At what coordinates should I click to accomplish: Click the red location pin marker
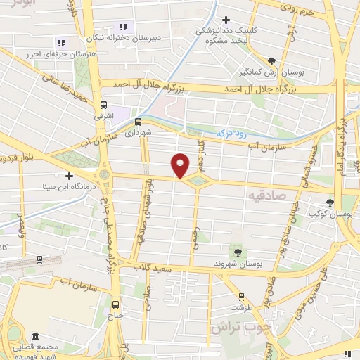coord(181,165)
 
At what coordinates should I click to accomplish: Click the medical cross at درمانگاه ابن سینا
coord(69,176)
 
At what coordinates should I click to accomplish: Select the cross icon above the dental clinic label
coord(226,20)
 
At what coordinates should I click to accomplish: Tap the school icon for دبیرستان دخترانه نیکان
coord(124,27)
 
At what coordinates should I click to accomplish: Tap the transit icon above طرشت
coord(241,297)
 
